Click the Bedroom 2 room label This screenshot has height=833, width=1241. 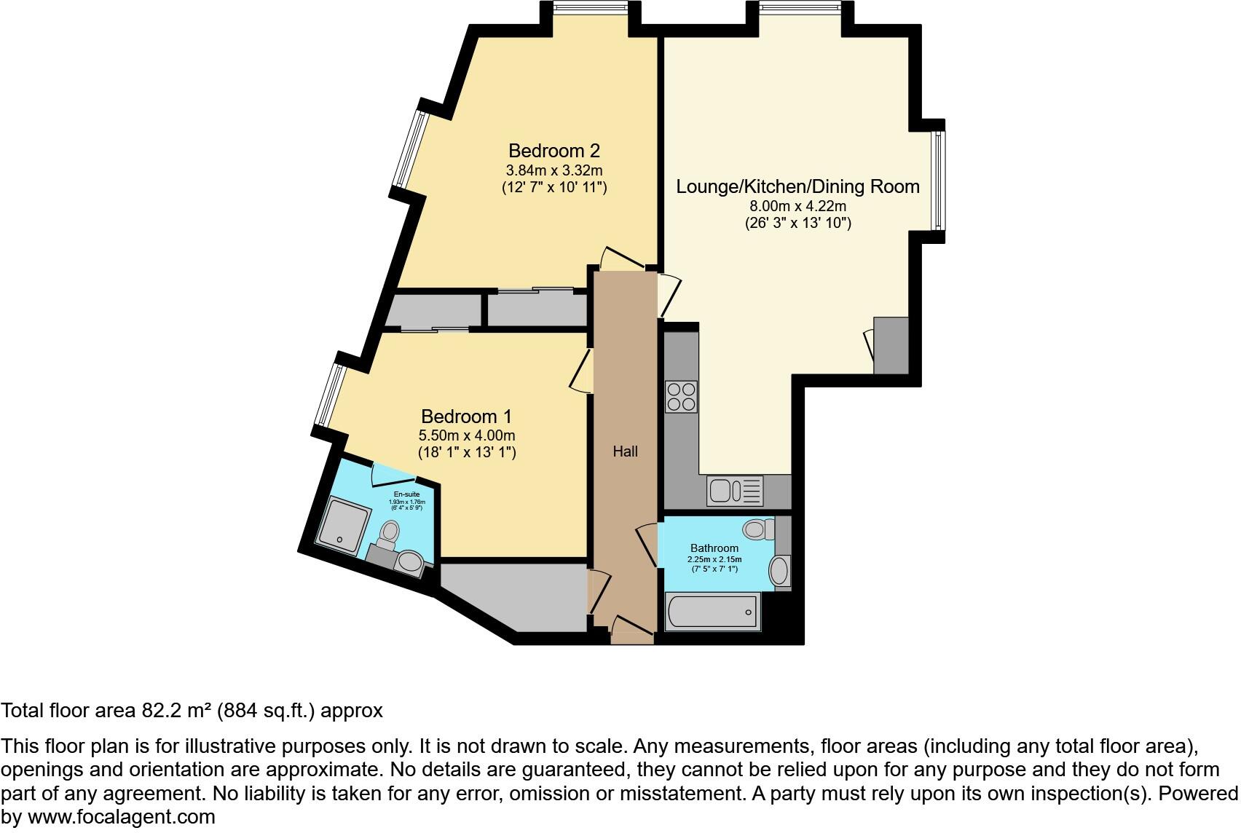(553, 151)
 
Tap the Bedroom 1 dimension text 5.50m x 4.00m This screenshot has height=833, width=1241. (466, 435)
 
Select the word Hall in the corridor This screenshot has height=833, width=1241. (625, 451)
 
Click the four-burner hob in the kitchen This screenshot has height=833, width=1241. (681, 397)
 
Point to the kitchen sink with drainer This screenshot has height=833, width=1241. (734, 491)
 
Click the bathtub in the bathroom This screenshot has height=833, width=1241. (713, 611)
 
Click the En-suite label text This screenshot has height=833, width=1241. (406, 494)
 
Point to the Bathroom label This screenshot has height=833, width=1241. (714, 548)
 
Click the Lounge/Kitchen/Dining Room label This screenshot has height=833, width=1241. (797, 186)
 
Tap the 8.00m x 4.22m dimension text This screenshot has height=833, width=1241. (797, 206)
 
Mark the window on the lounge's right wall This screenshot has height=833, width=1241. (939, 180)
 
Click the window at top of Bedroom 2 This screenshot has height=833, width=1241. (590, 7)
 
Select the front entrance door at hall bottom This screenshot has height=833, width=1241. (631, 632)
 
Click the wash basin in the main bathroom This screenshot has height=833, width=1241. (779, 571)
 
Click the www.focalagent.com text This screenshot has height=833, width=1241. (121, 817)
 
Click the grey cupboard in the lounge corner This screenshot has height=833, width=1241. (891, 345)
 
